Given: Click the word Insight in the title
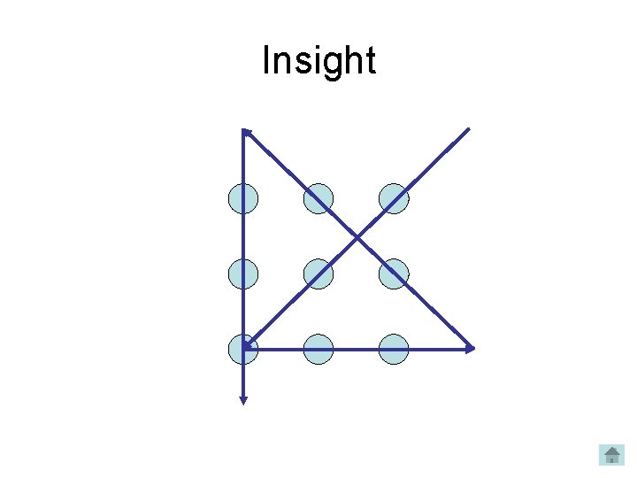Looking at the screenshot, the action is tap(318, 61).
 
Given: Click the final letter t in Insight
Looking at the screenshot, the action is tap(370, 61).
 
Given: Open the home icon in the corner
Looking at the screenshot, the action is tap(611, 455).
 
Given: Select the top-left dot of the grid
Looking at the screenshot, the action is tap(243, 199).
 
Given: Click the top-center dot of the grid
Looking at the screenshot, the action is tap(318, 199).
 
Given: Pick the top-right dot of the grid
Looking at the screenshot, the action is tap(394, 199).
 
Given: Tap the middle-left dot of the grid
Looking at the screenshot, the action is tap(243, 274).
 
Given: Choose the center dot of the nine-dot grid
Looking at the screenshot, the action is tap(318, 274).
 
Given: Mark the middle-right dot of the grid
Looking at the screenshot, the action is tap(394, 274).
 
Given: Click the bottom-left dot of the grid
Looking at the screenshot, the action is tap(243, 350).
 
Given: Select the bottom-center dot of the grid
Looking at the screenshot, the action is tap(318, 350).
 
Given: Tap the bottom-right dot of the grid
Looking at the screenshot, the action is tap(394, 350).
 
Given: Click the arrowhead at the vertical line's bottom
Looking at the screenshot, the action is tap(243, 400).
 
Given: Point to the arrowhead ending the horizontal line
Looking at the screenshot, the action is tap(471, 349).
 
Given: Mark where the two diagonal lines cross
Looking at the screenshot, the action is tap(357, 237).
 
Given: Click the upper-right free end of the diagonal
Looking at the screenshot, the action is tap(467, 130).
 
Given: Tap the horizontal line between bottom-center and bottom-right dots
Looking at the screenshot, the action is tap(357, 350).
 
